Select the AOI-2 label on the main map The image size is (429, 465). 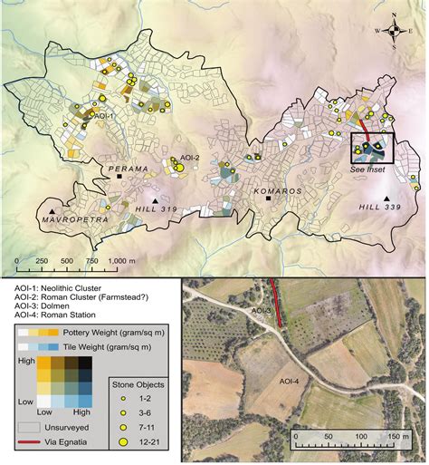pos(189,158)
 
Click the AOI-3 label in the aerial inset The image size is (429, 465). pos(263,311)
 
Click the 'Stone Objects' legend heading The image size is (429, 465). pos(139,383)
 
